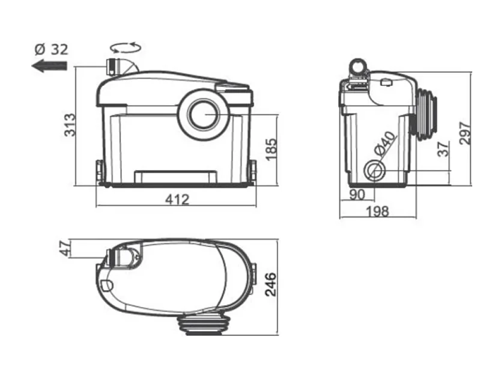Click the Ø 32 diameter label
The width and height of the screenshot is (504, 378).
[50, 49]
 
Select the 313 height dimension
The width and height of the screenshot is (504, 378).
[70, 124]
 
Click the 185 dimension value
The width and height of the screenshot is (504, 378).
[270, 148]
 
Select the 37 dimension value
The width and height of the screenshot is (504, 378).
[443, 149]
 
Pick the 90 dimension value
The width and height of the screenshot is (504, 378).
[357, 195]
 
